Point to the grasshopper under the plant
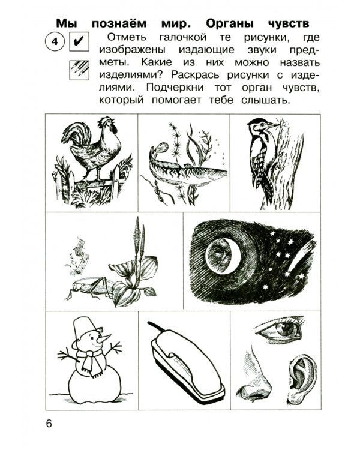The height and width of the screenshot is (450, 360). (90, 290)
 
